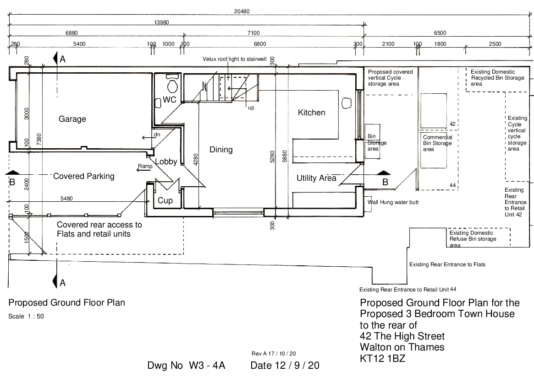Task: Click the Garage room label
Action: click(72, 119)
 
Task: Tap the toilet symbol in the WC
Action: click(172, 86)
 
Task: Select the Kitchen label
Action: click(312, 113)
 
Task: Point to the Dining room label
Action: click(221, 150)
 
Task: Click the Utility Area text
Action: click(316, 178)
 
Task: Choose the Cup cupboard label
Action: click(165, 200)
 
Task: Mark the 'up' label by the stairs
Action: click(251, 108)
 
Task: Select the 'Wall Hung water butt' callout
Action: click(392, 202)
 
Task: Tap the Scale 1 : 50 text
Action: click(26, 316)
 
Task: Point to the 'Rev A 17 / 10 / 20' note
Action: click(274, 354)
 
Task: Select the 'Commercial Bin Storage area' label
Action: click(437, 143)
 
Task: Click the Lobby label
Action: click(166, 162)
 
